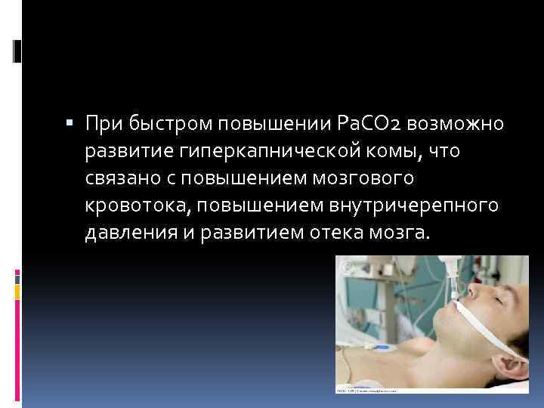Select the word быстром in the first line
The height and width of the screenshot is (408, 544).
click(167, 123)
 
